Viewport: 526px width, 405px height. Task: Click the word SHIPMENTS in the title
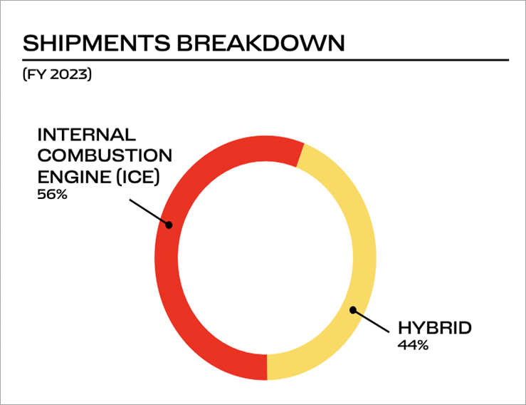point(97,43)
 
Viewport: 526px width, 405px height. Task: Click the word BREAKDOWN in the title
point(261,43)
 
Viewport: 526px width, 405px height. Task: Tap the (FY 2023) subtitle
point(57,74)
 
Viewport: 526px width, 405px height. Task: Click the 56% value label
point(53,195)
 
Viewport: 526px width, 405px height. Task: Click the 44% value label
point(413,345)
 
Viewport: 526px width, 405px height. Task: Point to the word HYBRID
point(435,328)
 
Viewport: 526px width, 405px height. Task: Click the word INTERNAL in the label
point(87,135)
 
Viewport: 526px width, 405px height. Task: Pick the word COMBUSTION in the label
point(105,155)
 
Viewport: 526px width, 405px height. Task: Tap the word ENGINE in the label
point(74,177)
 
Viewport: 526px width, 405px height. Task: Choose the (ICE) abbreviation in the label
point(138,177)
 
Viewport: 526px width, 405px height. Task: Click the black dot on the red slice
point(169,225)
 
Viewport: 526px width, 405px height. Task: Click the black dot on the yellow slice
point(353,310)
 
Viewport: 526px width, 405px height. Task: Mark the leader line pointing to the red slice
point(149,212)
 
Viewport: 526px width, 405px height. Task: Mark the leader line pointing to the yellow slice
point(371,322)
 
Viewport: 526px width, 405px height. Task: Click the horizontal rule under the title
point(265,60)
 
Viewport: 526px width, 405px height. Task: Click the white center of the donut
point(265,258)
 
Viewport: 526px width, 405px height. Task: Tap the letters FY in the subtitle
point(36,74)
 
